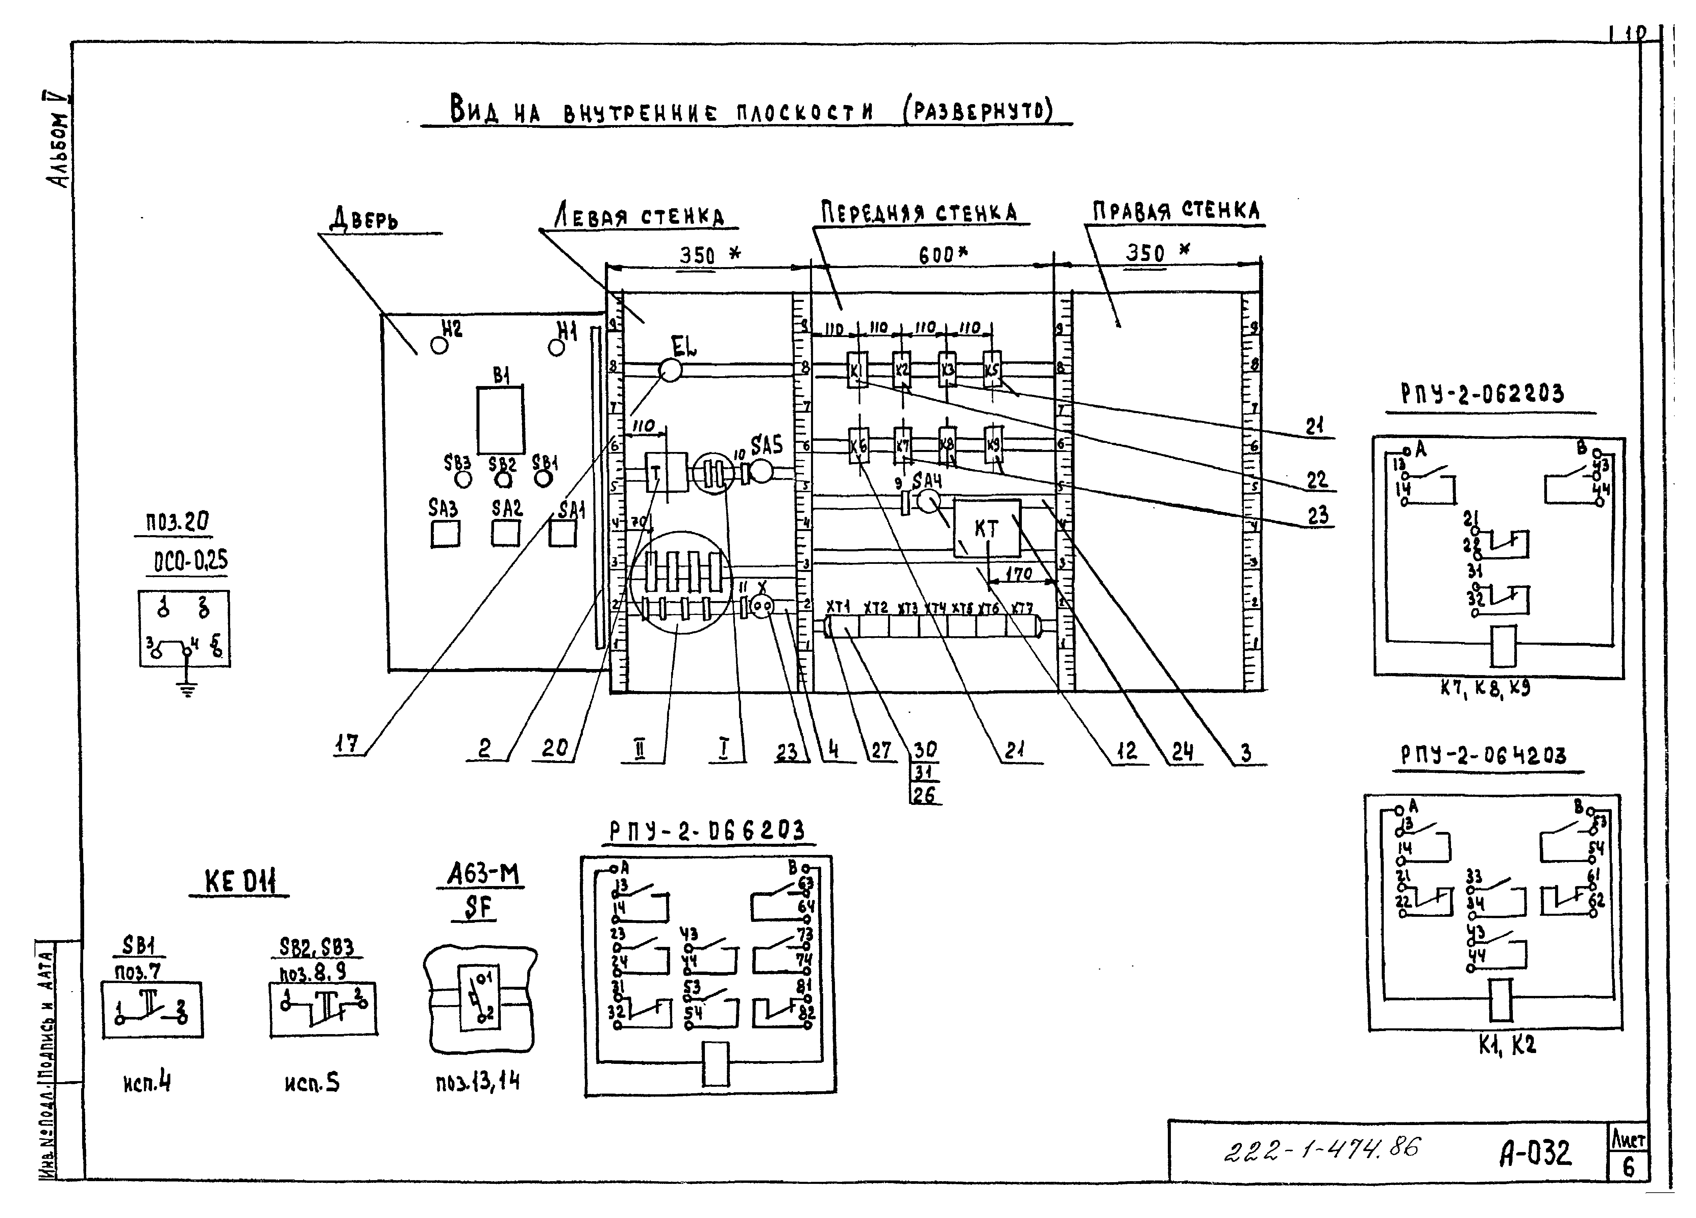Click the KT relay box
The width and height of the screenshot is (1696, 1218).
pyautogui.click(x=986, y=528)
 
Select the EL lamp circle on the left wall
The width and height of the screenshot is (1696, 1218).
pyautogui.click(x=670, y=369)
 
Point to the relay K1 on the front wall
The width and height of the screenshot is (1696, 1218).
pyautogui.click(x=857, y=369)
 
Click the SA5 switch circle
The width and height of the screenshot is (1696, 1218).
pyautogui.click(x=761, y=471)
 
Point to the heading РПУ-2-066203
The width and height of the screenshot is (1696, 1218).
pyautogui.click(x=707, y=831)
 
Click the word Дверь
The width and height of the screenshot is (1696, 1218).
pyautogui.click(x=364, y=219)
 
